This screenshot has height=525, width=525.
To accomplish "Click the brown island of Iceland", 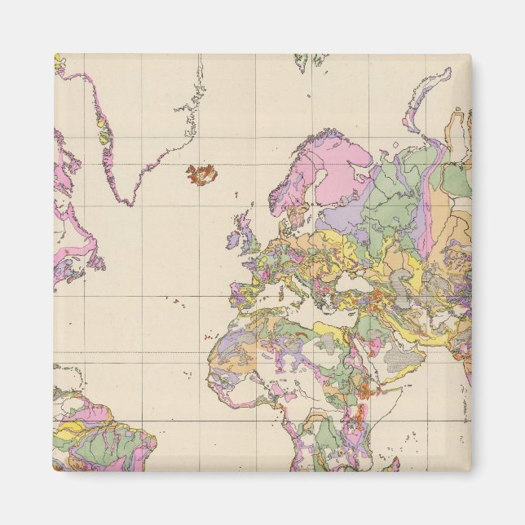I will tap(201, 173).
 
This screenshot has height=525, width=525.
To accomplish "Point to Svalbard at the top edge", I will tap(311, 60).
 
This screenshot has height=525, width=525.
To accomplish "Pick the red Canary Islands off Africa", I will tap(209, 336).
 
